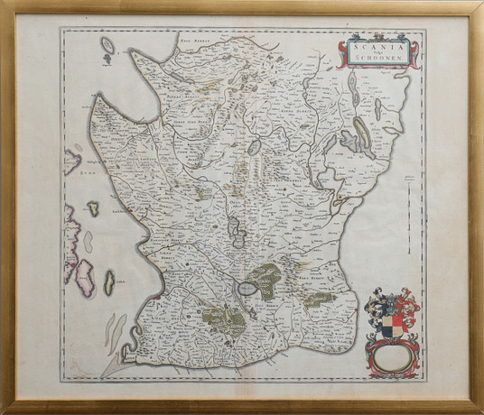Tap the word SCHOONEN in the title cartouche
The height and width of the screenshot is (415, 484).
click(377, 58)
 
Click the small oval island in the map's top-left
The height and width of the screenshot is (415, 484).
click(108, 45)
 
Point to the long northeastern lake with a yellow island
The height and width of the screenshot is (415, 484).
click(359, 135)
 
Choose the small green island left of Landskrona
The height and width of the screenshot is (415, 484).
click(92, 209)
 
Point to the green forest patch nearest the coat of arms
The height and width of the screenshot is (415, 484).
click(318, 300)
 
